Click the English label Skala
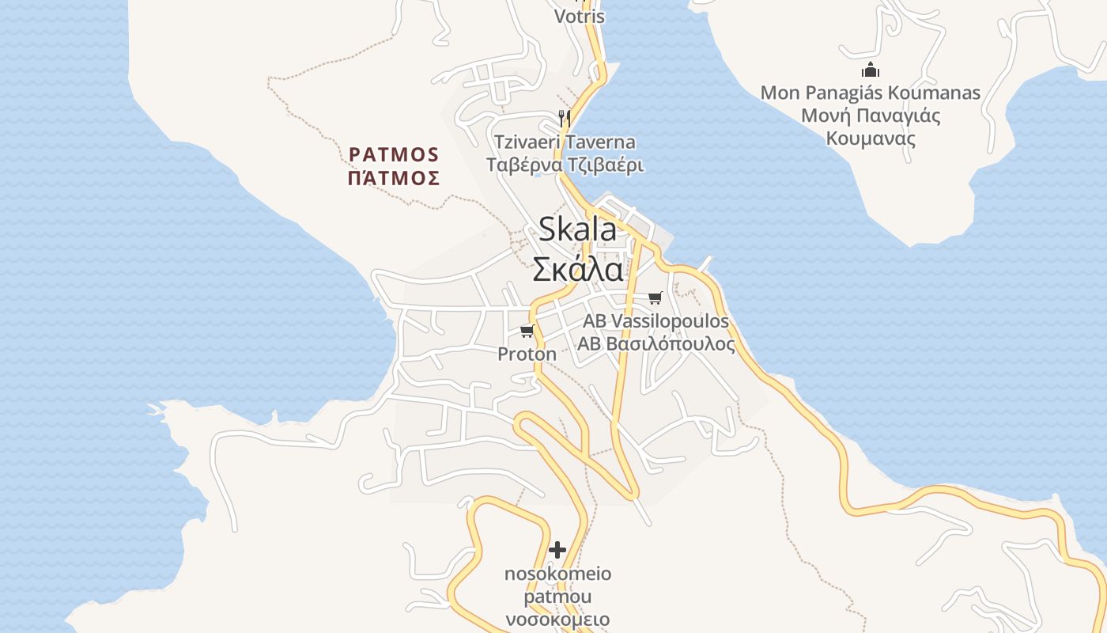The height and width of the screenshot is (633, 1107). click(x=577, y=229)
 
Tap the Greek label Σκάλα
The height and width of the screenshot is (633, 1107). click(x=577, y=270)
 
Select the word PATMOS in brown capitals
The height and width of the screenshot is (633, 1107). click(x=394, y=154)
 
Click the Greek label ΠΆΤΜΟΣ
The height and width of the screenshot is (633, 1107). click(x=394, y=178)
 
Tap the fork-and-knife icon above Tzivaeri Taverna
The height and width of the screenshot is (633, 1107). click(x=564, y=119)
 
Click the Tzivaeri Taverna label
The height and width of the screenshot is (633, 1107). click(x=565, y=142)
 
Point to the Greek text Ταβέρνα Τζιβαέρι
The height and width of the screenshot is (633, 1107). click(x=565, y=165)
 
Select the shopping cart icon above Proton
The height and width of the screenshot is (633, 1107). click(x=527, y=331)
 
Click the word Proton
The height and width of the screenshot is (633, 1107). click(x=527, y=354)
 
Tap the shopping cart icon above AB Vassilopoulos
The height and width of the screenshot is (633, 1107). click(x=655, y=298)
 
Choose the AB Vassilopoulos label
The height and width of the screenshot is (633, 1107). click(x=656, y=321)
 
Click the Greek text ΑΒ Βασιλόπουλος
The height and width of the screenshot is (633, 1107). click(x=656, y=344)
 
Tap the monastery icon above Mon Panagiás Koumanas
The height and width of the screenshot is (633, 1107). click(x=870, y=70)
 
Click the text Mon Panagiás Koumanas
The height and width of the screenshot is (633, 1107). click(x=870, y=93)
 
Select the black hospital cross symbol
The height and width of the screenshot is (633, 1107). click(x=557, y=550)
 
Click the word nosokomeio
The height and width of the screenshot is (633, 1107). click(x=557, y=574)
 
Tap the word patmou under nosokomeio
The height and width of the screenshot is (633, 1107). click(x=557, y=597)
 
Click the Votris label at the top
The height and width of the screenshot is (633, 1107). click(x=579, y=17)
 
